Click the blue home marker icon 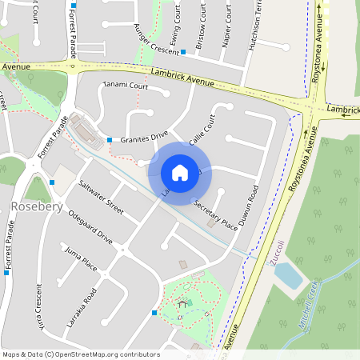click(x=180, y=172)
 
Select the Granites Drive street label click(x=145, y=139)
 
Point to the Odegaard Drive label click(x=90, y=227)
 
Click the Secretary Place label click(x=215, y=214)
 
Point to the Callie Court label click(x=202, y=130)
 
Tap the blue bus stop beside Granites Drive click(x=110, y=141)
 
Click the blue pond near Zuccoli click(x=288, y=275)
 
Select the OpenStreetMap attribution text click(x=82, y=354)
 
